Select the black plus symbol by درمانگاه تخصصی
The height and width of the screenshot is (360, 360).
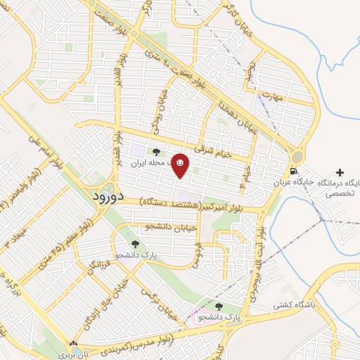point(340,172)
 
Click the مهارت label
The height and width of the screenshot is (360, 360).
point(271,95)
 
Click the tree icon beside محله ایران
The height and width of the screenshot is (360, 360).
point(157,150)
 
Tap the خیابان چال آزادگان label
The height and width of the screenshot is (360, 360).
point(103,294)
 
